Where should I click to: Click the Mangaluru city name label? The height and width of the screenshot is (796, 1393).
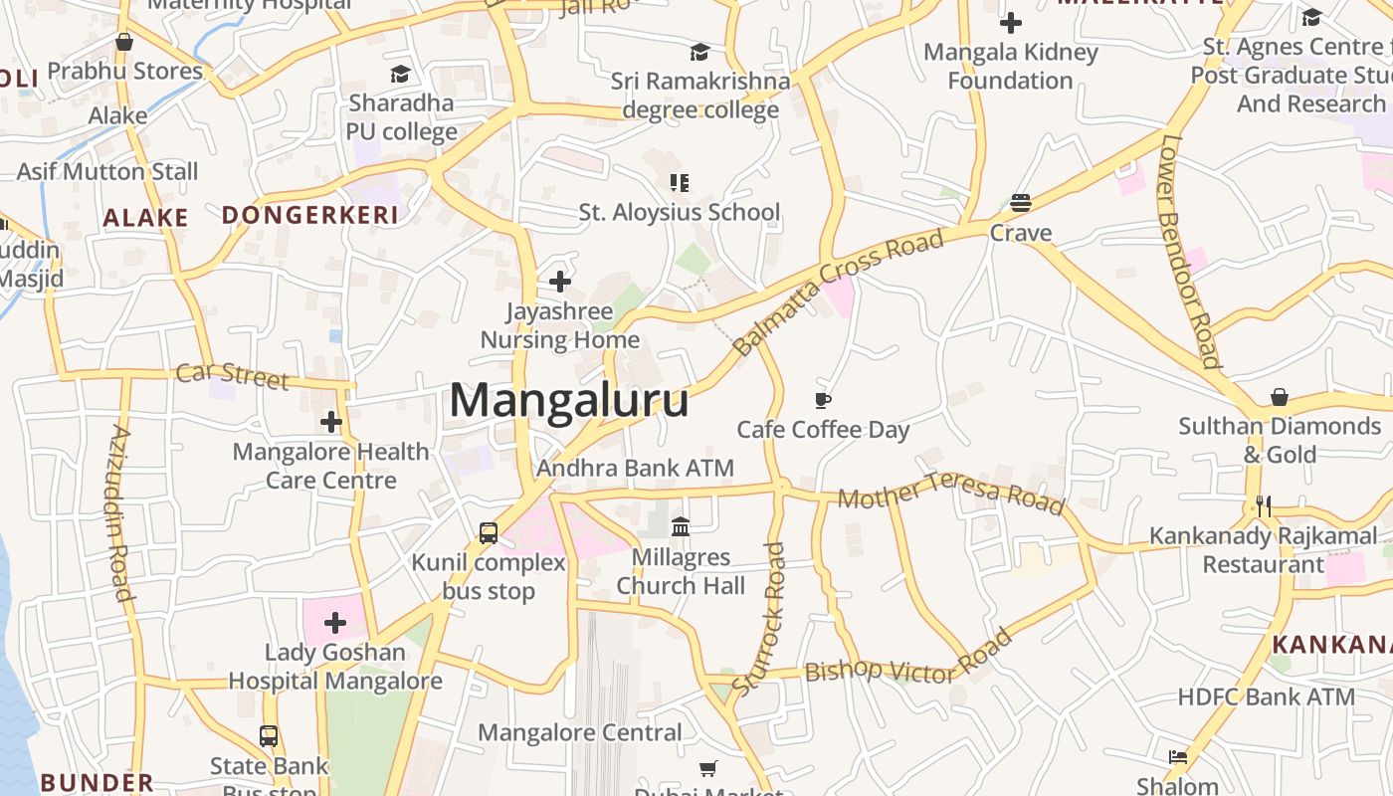click(569, 400)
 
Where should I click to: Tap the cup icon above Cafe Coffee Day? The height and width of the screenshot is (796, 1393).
click(823, 400)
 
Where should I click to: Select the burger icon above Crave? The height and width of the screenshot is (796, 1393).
click(1020, 203)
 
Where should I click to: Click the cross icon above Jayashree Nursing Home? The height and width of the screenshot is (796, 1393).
click(560, 282)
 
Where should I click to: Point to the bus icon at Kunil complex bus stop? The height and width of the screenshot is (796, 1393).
click(489, 532)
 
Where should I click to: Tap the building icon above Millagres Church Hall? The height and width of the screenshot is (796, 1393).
click(681, 526)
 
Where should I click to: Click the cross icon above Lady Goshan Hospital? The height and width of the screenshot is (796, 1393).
click(335, 623)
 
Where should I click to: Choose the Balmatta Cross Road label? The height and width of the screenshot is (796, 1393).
click(839, 293)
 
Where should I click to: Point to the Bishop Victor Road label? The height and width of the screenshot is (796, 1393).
click(907, 660)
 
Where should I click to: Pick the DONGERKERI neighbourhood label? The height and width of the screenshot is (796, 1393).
click(309, 215)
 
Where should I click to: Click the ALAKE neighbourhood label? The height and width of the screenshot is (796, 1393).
click(145, 218)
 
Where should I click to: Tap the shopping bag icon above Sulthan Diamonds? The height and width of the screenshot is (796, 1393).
click(1280, 397)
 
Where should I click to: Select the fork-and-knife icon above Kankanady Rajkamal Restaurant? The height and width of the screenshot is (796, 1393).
click(1264, 506)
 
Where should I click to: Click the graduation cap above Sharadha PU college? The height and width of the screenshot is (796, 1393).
click(400, 74)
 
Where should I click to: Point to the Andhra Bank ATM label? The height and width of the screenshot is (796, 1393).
click(635, 468)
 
